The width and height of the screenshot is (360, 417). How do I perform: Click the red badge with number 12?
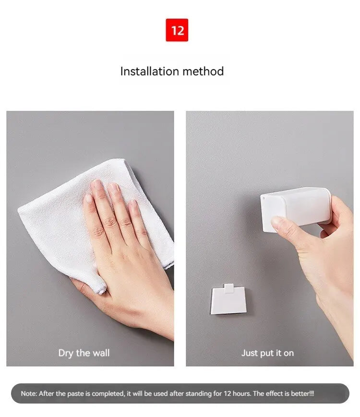tap(177, 30)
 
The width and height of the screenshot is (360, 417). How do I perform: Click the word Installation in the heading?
tap(150, 71)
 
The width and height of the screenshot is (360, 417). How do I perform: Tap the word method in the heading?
tap(203, 71)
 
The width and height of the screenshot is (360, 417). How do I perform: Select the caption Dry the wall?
tap(84, 353)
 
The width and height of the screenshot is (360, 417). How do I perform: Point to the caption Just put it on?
tap(267, 353)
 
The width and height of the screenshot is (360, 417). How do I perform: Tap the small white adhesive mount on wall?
tap(228, 299)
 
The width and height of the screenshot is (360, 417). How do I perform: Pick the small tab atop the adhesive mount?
tap(228, 288)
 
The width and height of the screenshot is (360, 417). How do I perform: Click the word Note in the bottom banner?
tap(29, 393)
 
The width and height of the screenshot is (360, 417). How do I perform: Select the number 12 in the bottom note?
tap(228, 393)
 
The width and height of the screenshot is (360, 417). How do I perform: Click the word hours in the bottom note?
tap(242, 393)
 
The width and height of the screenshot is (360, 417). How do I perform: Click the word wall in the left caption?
tap(100, 353)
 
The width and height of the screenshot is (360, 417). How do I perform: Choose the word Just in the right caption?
tap(250, 353)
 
